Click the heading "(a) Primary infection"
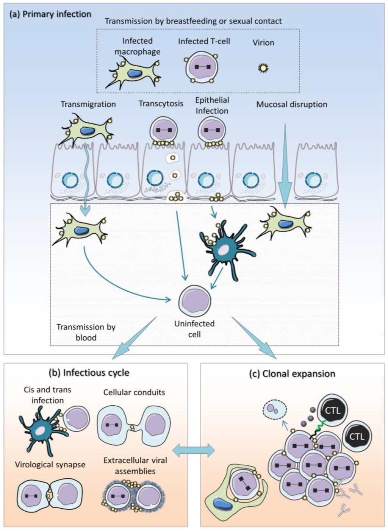pyautogui.click(x=50, y=14)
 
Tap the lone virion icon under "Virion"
pyautogui.click(x=263, y=68)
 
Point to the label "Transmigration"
pyautogui.click(x=88, y=104)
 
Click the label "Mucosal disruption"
pyautogui.click(x=292, y=105)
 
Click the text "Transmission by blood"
pyautogui.click(x=86, y=332)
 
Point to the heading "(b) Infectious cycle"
pyautogui.click(x=89, y=373)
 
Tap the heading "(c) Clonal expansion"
pyautogui.click(x=292, y=374)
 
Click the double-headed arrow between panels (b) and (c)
pyautogui.click(x=194, y=450)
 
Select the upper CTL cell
pyautogui.click(x=332, y=411)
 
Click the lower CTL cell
pyautogui.click(x=356, y=437)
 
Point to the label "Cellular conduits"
pyautogui.click(x=134, y=392)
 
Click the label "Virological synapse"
pyautogui.click(x=50, y=465)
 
